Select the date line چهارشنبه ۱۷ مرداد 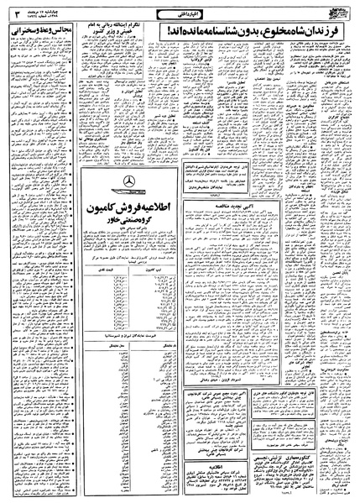click(34, 7)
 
